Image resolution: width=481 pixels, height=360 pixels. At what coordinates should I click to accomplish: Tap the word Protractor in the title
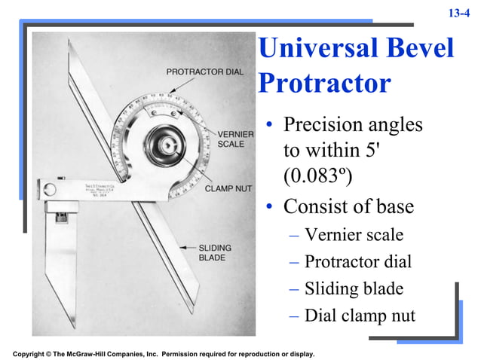point(323,82)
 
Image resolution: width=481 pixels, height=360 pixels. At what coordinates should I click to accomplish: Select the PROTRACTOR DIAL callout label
point(204,72)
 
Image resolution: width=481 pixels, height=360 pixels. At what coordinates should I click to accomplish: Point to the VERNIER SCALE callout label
point(235,139)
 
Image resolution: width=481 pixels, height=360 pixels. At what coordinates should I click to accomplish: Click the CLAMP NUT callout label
point(228,189)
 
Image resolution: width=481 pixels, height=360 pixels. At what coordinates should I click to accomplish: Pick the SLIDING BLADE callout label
point(215,252)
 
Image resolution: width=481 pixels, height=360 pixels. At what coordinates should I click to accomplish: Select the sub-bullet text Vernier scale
point(354,235)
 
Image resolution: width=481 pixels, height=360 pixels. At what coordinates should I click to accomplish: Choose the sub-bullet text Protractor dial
point(358,262)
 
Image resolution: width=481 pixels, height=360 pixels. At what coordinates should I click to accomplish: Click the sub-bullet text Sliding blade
point(354,288)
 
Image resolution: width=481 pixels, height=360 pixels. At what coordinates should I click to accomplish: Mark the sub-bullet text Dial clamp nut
point(360,316)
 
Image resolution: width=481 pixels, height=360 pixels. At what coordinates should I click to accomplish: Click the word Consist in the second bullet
point(312,206)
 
